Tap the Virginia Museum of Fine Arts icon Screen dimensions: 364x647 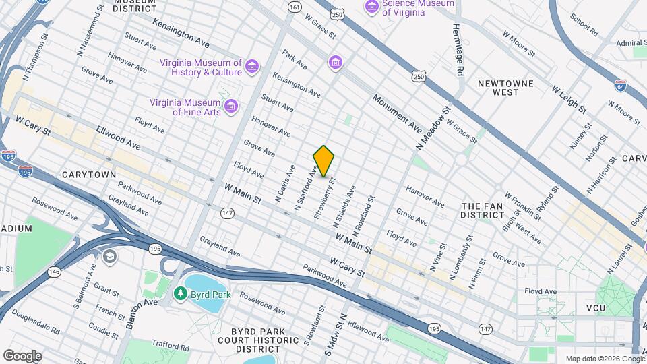pos(231,107)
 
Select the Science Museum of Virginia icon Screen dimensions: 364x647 pos(371,7)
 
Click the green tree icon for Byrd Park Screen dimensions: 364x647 pos(180,294)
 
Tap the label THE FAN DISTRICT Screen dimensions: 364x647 pos(483,210)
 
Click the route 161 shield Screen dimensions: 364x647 pos(294,7)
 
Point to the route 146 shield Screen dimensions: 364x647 pos(53,272)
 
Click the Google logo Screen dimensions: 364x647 pos(22,356)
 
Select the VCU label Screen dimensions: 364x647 pos(596,308)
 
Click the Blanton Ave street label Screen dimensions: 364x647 pos(140,302)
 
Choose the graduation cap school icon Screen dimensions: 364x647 pos(109,257)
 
